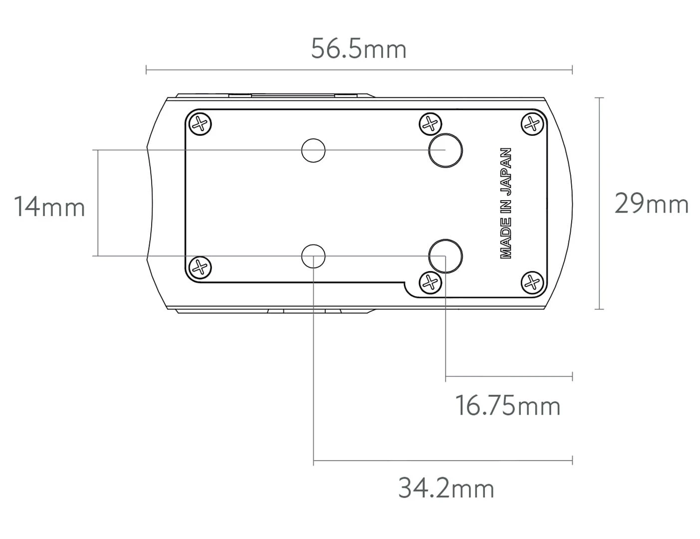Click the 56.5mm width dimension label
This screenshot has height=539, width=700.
tap(359, 49)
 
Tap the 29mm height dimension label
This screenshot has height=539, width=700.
tap(652, 204)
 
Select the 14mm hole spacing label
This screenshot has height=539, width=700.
tap(49, 207)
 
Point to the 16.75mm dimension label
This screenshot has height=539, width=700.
tap(508, 406)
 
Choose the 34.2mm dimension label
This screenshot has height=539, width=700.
tap(446, 488)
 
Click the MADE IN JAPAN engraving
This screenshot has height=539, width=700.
tap(506, 203)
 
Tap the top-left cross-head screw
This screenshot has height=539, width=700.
tap(200, 124)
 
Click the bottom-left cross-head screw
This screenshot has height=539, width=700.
tap(200, 268)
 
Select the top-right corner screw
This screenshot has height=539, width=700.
tap(532, 124)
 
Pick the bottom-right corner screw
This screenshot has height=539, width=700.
tap(532, 282)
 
